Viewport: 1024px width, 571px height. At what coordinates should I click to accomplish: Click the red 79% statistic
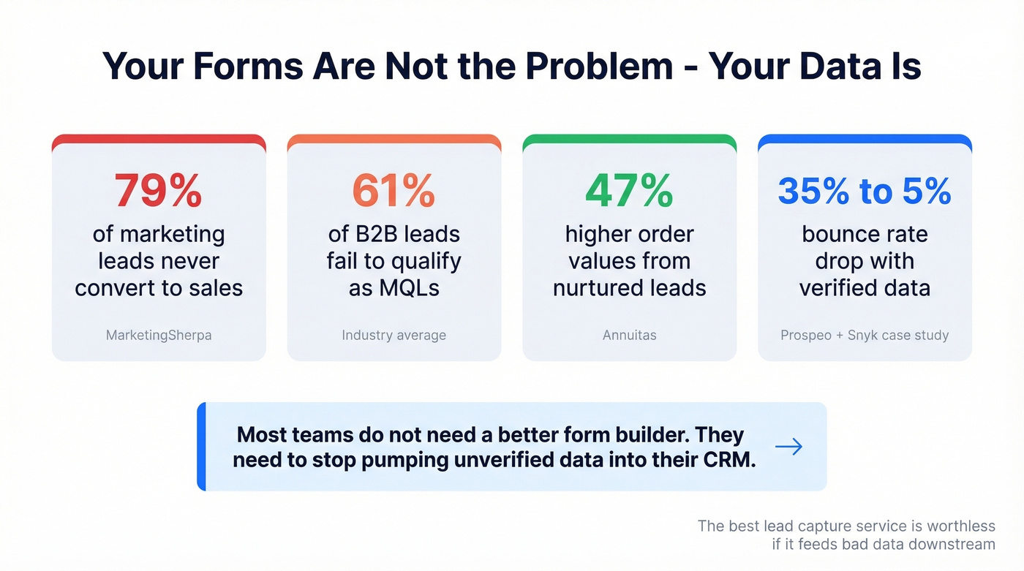(158, 190)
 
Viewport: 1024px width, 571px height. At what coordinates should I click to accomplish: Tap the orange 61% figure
(394, 190)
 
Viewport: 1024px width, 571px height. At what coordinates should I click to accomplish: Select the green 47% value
(629, 190)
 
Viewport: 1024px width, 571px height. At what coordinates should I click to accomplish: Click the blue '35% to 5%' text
(865, 190)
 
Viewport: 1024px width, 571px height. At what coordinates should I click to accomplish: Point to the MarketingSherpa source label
(158, 336)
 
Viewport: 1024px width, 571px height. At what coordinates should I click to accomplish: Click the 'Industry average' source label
(394, 336)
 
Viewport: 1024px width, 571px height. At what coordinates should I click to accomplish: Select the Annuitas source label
(629, 336)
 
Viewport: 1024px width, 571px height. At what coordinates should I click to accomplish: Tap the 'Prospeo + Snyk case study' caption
(865, 336)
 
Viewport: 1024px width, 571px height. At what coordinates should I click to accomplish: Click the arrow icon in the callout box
(788, 447)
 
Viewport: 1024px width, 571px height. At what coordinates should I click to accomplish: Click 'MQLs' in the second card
(412, 287)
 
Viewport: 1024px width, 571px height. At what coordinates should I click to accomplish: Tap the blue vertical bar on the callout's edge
(202, 447)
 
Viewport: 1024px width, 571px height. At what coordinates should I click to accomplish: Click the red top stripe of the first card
(158, 138)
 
